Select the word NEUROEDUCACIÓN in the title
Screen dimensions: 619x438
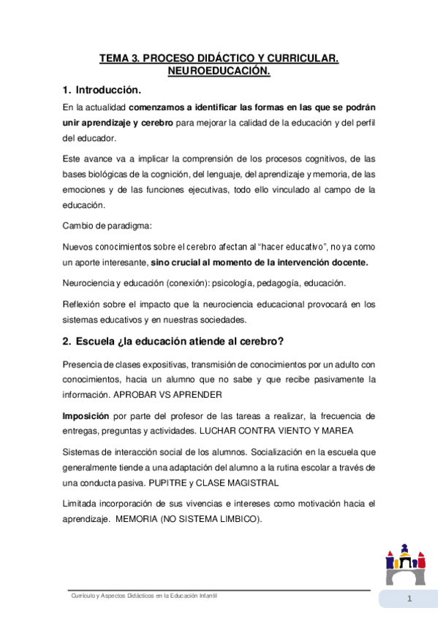point(219,71)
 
